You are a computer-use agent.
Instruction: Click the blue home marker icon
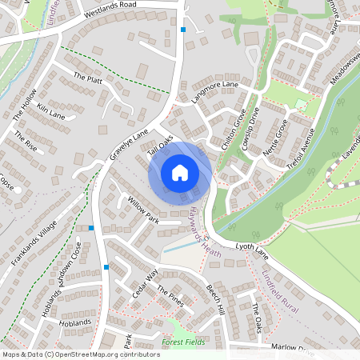[x=180, y=173]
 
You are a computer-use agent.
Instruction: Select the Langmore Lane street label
[x=215, y=94]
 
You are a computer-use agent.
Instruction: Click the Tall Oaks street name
[x=161, y=144]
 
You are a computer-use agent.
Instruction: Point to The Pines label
[x=170, y=296]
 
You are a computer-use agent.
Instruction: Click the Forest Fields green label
[x=183, y=342]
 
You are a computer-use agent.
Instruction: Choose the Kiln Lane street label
[x=50, y=110]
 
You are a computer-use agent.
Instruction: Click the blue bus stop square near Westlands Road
[x=183, y=30]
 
